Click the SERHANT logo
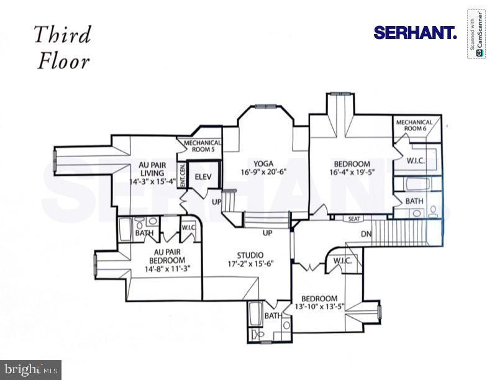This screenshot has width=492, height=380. tap(415, 33)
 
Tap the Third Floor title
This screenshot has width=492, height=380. tap(63, 48)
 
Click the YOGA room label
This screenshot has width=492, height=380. tap(263, 164)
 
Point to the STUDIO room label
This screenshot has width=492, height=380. tap(250, 255)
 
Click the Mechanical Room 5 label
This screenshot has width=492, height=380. tap(203, 146)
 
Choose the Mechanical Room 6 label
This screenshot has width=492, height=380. tap(414, 125)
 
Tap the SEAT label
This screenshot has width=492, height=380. tap(353, 219)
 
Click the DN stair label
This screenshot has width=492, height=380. tap(366, 234)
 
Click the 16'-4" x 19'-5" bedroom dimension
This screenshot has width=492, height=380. tap(352, 172)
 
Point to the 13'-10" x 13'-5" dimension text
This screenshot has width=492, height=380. tap(319, 307)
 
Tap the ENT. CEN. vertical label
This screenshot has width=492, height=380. tap(182, 176)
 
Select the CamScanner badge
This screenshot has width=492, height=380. tap(476, 34)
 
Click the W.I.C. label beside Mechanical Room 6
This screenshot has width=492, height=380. tap(416, 161)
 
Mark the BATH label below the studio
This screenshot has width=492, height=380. tap(273, 315)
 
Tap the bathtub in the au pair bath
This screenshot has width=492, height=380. tap(126, 230)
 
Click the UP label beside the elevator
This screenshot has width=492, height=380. tap(217, 202)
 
